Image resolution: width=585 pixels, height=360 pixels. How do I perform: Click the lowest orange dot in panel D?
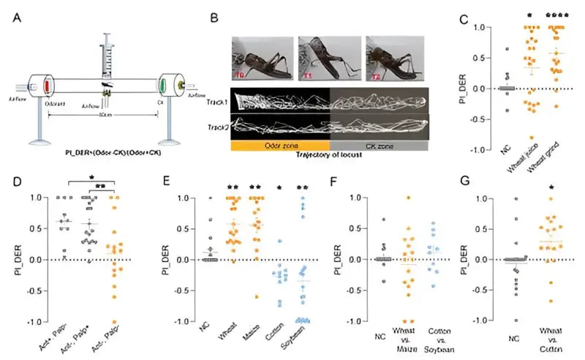(x=112, y=321)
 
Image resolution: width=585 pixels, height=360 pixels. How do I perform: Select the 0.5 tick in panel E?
(x=191, y=228)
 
